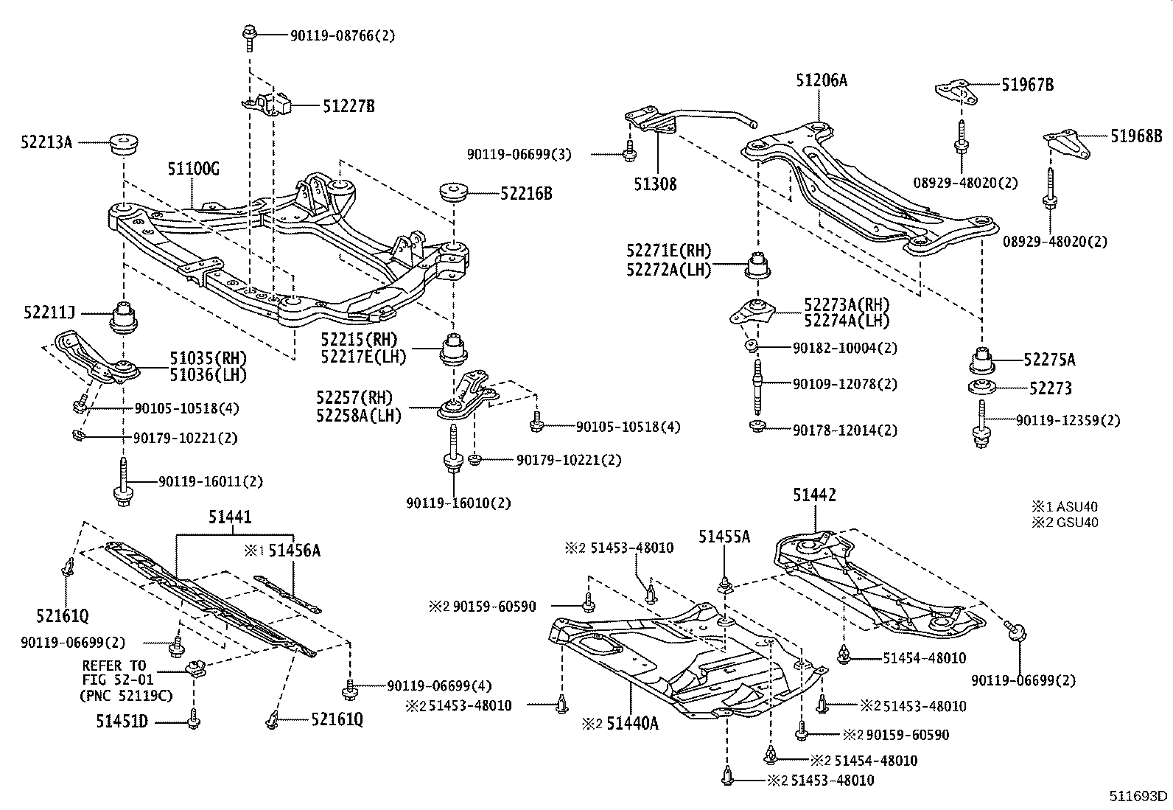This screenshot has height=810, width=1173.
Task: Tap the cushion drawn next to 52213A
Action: coord(125,144)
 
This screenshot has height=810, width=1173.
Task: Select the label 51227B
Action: coord(349,107)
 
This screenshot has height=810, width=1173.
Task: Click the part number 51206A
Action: coord(821,80)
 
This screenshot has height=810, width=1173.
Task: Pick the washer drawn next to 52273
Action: coord(981,388)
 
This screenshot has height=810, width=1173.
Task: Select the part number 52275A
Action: coord(1049,360)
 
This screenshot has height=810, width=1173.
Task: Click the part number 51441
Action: coord(229,517)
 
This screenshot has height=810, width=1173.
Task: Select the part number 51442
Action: coord(814,495)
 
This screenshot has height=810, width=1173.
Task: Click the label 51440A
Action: coord(631,724)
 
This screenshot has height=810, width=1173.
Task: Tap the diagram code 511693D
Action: coord(1139,796)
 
